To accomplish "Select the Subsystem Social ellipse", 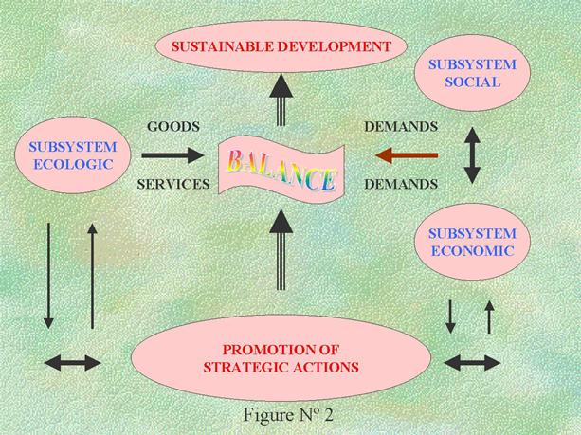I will coord(472,74).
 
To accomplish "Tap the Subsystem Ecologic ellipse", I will coord(73,156).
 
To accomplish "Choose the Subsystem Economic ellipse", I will coord(472,243).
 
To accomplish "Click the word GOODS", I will coord(171,126).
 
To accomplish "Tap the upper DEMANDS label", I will coord(400,126).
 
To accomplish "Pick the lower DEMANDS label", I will coord(400,184).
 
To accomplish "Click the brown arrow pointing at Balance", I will coord(407,154).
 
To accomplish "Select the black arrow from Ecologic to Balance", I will coord(172,154).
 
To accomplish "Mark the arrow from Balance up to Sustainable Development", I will coord(281,100).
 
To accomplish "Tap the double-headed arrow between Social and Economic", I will coord(472,155).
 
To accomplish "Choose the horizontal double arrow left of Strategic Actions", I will coord(74,362).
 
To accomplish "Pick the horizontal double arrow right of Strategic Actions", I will coord(471,362).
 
